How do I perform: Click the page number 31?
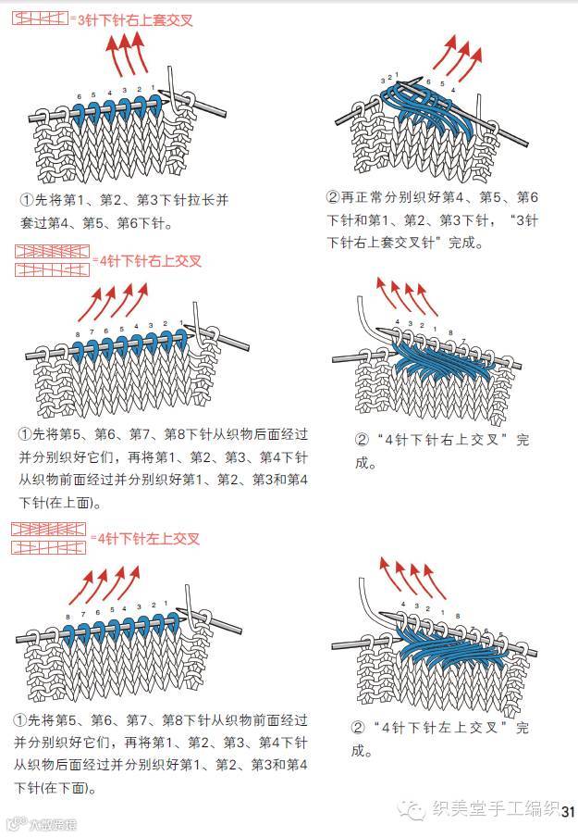(x=568, y=810)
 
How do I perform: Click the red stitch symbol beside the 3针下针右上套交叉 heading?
(x=40, y=19)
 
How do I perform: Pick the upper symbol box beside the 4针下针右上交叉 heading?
(x=52, y=252)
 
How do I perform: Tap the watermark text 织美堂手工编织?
(x=495, y=810)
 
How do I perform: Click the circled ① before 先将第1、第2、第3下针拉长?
(x=25, y=200)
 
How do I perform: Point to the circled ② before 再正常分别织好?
(x=333, y=197)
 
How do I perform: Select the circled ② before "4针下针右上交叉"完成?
(x=362, y=439)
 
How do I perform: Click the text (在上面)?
(x=74, y=503)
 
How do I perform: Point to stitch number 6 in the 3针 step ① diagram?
(x=80, y=96)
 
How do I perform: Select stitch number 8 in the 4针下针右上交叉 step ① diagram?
(x=78, y=333)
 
